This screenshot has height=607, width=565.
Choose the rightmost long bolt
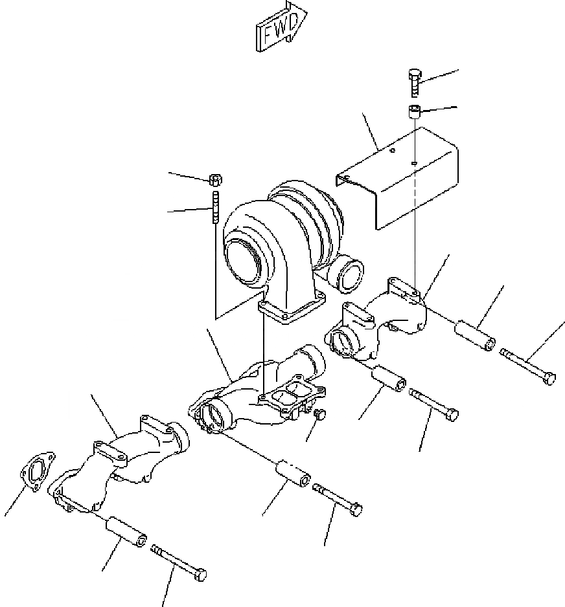coord(528,366)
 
